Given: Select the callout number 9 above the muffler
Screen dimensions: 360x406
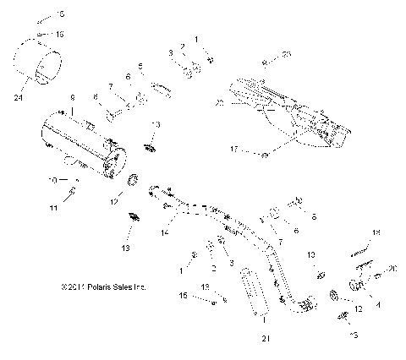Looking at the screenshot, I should pyautogui.click(x=74, y=99).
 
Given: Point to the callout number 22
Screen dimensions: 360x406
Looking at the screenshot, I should pyautogui.click(x=219, y=102).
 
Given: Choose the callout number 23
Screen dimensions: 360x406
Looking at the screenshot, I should pyautogui.click(x=286, y=53).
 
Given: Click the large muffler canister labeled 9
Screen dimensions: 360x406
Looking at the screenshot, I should pyautogui.click(x=80, y=145).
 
